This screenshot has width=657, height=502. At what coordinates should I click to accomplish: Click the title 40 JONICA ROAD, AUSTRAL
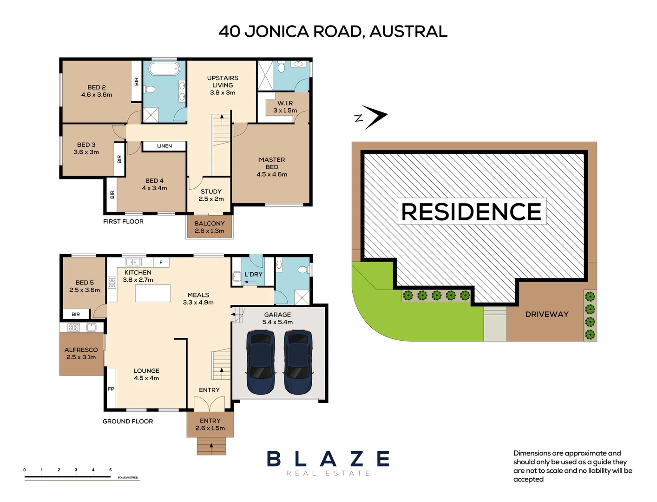[333, 32]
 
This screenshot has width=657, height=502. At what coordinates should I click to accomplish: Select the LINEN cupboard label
[164, 146]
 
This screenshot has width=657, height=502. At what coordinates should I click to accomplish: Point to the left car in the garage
[262, 362]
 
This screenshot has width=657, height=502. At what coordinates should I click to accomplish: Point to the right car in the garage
[298, 362]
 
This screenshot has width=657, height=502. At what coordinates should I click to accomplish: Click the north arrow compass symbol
[372, 117]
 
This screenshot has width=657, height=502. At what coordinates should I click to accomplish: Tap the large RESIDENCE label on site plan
[471, 212]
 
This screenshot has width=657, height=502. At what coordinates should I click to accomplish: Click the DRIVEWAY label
[547, 315]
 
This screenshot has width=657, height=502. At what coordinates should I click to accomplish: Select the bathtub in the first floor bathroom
[164, 69]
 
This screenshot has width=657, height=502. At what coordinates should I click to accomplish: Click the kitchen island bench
[153, 293]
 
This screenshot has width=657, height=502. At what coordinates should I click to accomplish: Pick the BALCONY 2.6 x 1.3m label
[209, 227]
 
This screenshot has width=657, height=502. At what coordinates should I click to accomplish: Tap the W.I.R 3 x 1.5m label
[285, 107]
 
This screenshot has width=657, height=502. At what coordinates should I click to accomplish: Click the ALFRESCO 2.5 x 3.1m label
[81, 353]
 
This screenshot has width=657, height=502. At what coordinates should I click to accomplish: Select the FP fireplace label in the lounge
[111, 389]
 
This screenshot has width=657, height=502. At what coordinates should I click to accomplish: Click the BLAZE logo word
[328, 459]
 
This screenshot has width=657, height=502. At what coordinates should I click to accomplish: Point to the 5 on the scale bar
[110, 470]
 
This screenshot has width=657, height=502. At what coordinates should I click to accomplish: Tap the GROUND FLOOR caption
[128, 422]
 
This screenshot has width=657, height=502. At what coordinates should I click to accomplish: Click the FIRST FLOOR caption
[123, 222]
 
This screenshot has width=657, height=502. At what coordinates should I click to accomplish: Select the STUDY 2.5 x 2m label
[211, 195]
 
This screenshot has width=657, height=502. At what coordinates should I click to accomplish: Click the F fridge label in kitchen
[161, 263]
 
